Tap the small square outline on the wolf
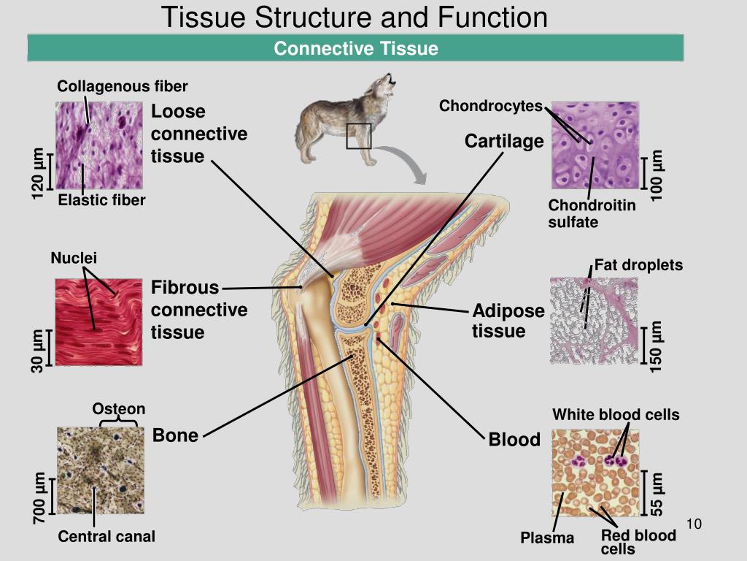point(359,136)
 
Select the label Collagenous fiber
point(123,87)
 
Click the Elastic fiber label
point(102,200)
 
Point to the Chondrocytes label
point(490,107)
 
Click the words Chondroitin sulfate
point(592,213)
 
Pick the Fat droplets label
point(638,264)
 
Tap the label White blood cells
point(616,415)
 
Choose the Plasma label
point(547,538)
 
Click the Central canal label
point(107,537)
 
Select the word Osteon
point(118,409)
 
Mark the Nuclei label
point(74,258)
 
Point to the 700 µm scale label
point(39,497)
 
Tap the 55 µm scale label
point(657,494)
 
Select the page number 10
point(694,524)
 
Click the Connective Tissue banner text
point(356,49)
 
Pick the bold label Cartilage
point(504,140)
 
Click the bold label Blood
point(514,440)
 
